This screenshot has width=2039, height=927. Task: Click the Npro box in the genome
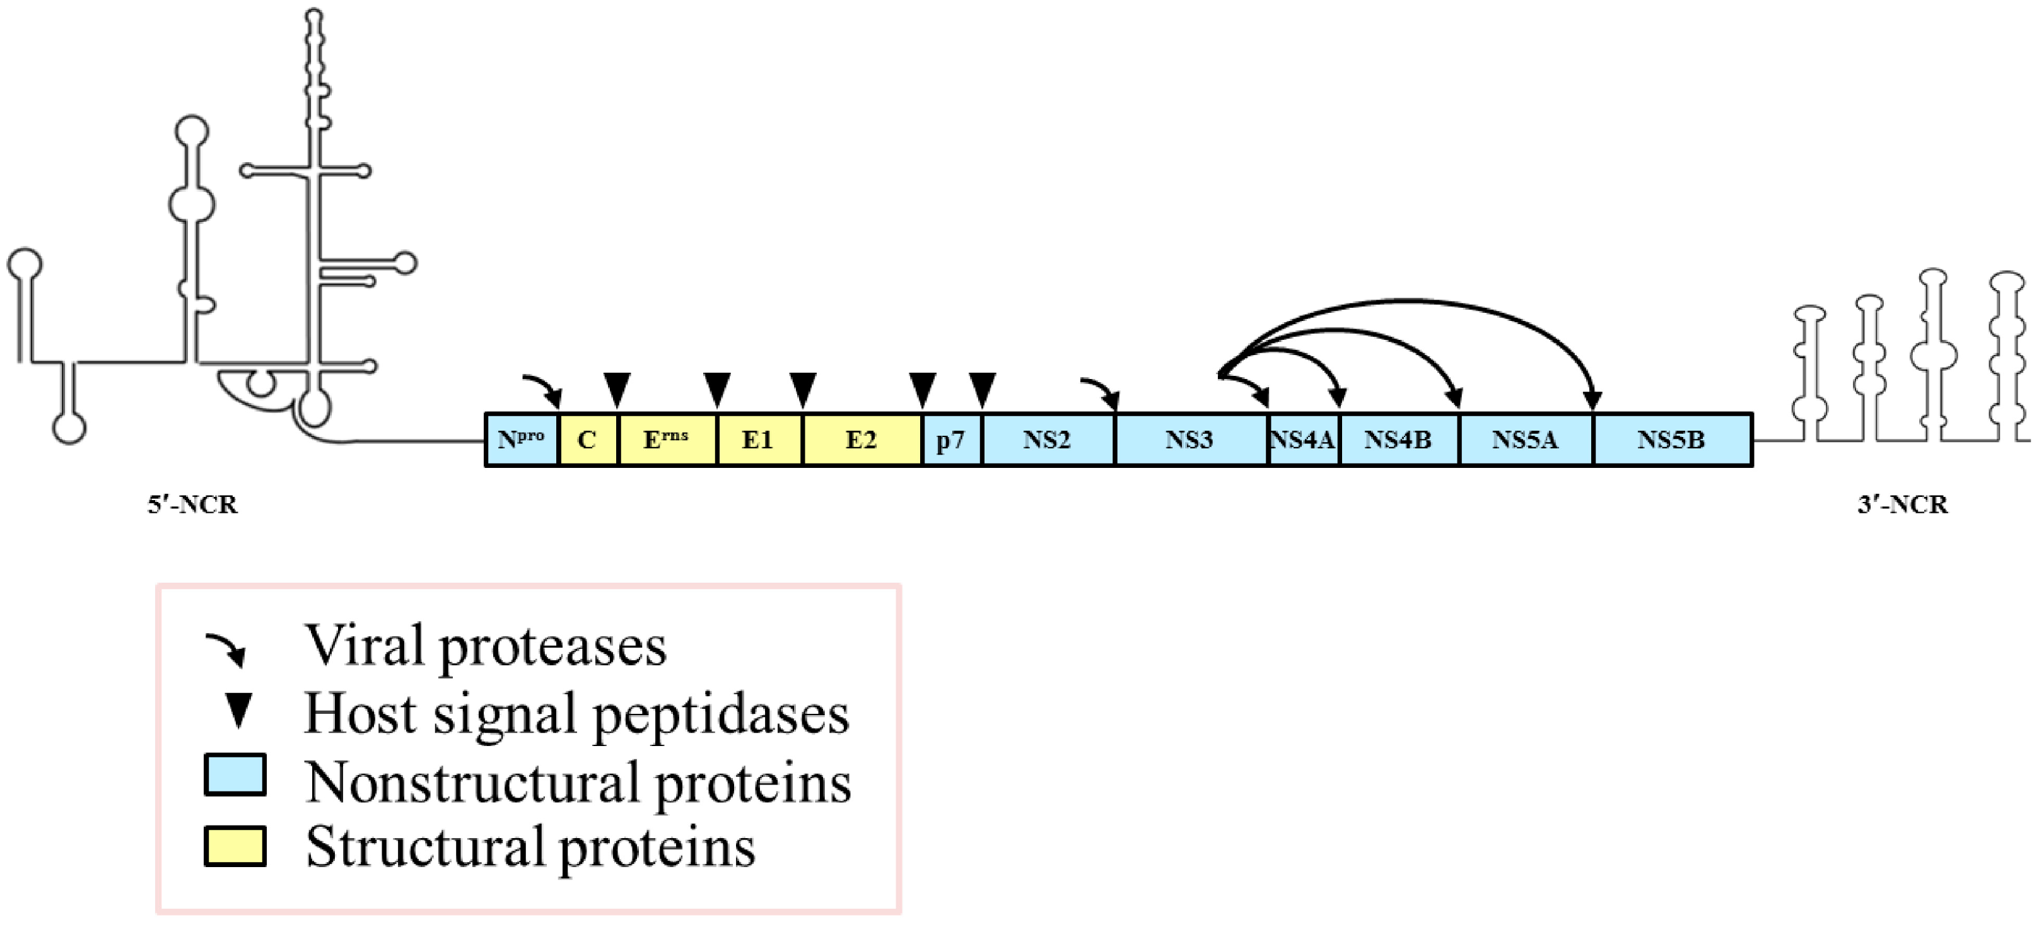click(521, 440)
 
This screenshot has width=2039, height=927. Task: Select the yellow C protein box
click(587, 440)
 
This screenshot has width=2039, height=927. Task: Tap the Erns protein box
click(667, 440)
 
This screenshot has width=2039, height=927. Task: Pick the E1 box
click(758, 440)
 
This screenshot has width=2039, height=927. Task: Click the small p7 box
click(952, 440)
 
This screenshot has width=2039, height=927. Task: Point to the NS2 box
click(1046, 440)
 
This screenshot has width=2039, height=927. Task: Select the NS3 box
click(1189, 440)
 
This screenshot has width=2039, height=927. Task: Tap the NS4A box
click(1302, 440)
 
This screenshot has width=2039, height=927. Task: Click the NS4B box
click(1398, 440)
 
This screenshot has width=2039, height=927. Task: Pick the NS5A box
click(1524, 440)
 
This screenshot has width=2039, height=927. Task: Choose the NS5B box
click(1671, 440)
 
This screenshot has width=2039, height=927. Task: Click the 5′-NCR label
click(192, 504)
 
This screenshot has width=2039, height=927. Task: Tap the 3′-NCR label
click(1902, 504)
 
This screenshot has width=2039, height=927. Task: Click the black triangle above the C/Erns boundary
click(617, 388)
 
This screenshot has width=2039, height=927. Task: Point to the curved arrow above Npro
click(543, 388)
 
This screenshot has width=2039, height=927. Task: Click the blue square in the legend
click(235, 774)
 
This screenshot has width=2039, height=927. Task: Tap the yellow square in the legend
click(235, 846)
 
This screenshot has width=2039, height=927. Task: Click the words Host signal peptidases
click(576, 713)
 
